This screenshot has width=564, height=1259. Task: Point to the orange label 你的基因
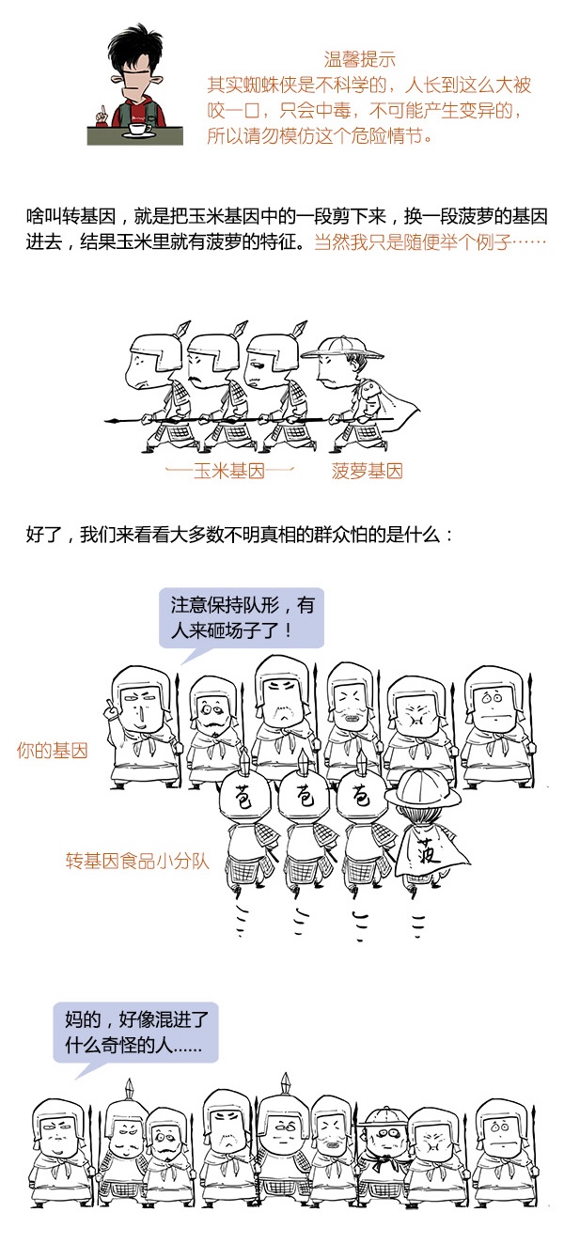tap(53, 751)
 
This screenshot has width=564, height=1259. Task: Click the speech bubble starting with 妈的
tap(135, 1029)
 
